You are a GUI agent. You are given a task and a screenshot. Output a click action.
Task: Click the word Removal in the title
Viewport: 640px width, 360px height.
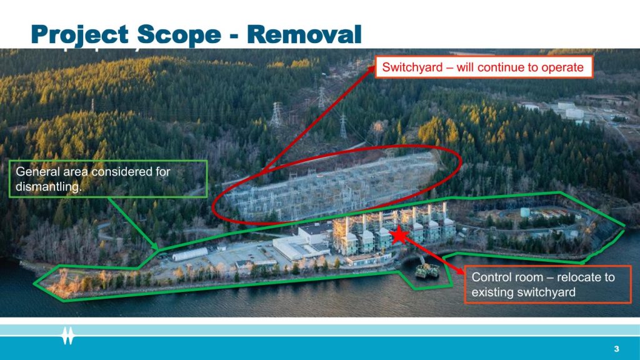coord(304,34)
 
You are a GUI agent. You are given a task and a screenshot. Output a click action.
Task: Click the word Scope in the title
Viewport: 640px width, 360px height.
coord(179,34)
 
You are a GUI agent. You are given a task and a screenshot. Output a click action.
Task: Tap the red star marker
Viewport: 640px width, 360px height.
coord(399,236)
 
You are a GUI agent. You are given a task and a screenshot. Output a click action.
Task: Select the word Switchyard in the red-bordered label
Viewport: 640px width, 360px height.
coord(412,67)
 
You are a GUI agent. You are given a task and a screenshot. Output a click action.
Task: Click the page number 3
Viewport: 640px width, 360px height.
coord(616,349)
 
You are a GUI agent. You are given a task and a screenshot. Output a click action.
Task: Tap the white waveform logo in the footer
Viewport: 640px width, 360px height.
coord(67,336)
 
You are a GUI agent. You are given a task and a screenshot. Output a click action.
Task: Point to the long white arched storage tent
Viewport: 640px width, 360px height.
coord(190,254)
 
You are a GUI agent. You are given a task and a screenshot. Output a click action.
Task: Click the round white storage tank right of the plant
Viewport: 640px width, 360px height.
coord(525,212)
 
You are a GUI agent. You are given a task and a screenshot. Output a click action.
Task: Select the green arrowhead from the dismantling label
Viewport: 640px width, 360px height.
coord(155,246)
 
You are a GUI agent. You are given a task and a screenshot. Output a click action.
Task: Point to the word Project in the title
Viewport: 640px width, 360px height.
coord(80,35)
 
